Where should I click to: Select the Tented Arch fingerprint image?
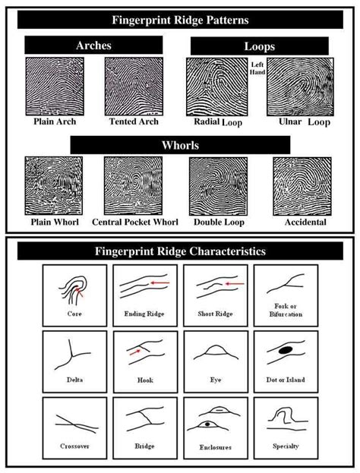pyautogui.click(x=133, y=86)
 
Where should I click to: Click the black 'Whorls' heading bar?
pyautogui.click(x=175, y=144)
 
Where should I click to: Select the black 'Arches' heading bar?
pyautogui.click(x=94, y=46)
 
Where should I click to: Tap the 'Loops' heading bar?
pyautogui.click(x=261, y=46)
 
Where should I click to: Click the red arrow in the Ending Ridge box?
pyautogui.click(x=159, y=283)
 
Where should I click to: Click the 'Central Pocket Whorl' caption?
pyautogui.click(x=135, y=222)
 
